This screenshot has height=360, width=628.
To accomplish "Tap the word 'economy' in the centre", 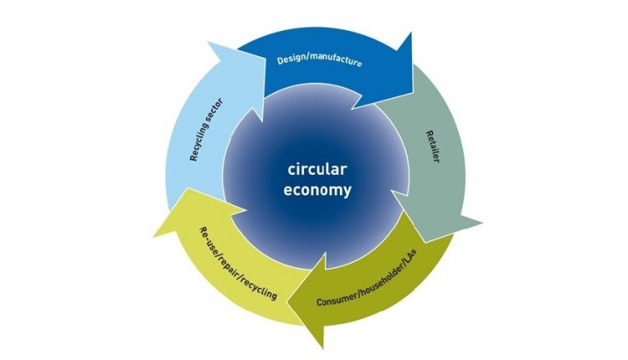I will click(315, 190).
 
